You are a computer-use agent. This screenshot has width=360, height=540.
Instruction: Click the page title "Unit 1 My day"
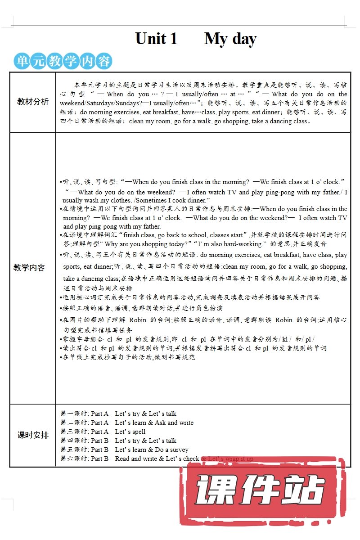(196, 39)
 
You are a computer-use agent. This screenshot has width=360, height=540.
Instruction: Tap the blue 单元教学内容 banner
(63, 61)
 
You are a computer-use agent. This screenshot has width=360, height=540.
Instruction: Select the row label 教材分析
(33, 102)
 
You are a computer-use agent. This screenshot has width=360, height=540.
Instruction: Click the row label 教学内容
(29, 268)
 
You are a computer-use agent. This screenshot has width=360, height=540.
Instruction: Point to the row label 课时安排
(33, 435)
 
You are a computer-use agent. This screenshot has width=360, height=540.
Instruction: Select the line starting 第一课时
(118, 414)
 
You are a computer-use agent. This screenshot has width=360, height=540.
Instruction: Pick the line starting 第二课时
(127, 423)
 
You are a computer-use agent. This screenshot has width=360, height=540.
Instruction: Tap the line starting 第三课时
(103, 432)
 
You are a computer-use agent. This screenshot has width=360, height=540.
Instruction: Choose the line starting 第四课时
(118, 441)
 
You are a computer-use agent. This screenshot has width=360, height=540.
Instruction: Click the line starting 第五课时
(124, 450)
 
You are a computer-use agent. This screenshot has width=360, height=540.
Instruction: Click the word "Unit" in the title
(151, 39)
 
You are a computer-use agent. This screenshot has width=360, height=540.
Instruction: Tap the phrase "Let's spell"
(130, 432)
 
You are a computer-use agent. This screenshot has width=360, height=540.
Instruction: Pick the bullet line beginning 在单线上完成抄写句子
(128, 357)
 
